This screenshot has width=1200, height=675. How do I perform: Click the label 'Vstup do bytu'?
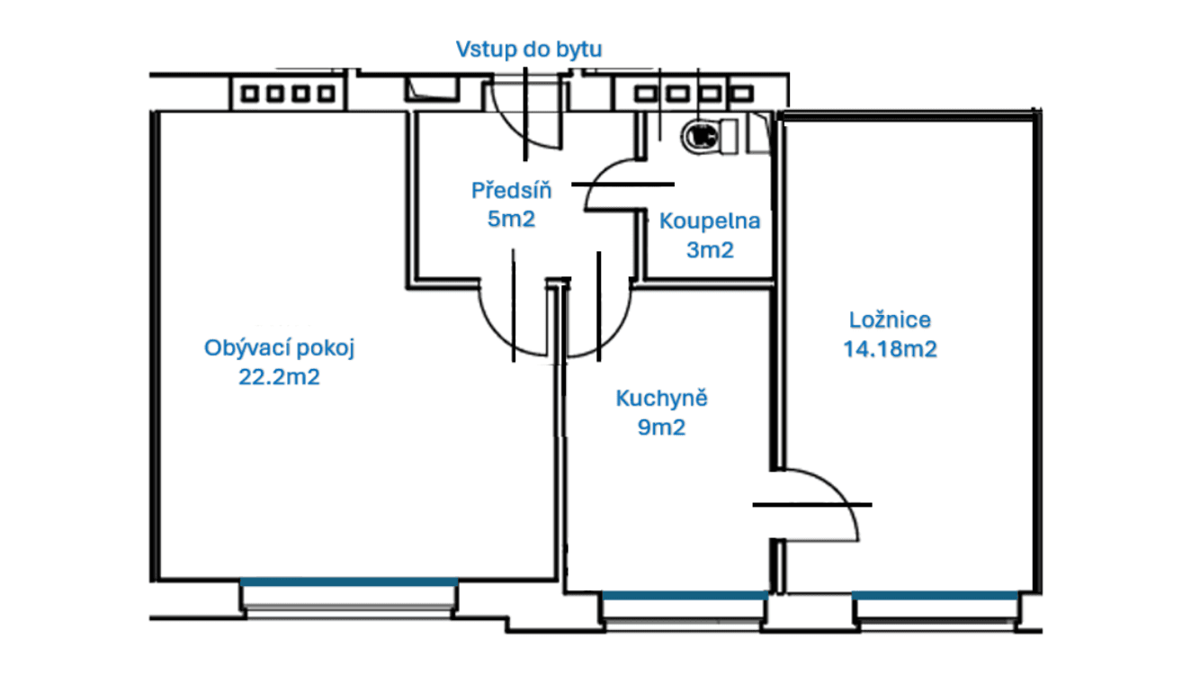pos(529,49)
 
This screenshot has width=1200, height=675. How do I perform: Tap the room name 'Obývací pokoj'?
pos(280,348)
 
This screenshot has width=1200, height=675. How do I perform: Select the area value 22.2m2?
pos(279,377)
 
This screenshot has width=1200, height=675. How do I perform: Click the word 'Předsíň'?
pos(511,191)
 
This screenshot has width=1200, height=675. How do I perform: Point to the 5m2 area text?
pos(511,219)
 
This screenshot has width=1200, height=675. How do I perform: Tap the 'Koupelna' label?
pos(710,221)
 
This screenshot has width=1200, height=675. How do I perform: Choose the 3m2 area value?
pos(710,250)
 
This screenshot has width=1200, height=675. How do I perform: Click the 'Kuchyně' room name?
pos(661,399)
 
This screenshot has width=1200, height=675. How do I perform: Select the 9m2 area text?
pos(661,427)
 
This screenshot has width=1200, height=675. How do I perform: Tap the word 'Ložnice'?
pos(890,319)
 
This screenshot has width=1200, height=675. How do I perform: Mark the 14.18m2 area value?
pos(890,349)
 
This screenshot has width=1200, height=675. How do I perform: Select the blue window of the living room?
pos(349,582)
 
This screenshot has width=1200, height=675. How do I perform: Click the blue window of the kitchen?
pos(685,595)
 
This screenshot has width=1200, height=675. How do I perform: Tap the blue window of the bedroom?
pos(936,595)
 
